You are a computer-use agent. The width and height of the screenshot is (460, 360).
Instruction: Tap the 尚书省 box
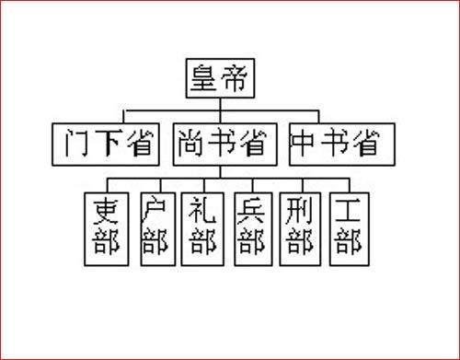tap(219, 143)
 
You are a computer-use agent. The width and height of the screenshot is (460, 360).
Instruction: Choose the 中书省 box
tap(342, 143)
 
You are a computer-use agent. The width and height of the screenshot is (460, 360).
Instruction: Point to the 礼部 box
tap(201, 226)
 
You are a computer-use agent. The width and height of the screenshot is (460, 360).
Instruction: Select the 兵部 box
tap(250, 226)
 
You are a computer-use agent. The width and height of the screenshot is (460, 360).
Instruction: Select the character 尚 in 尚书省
tap(188, 143)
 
